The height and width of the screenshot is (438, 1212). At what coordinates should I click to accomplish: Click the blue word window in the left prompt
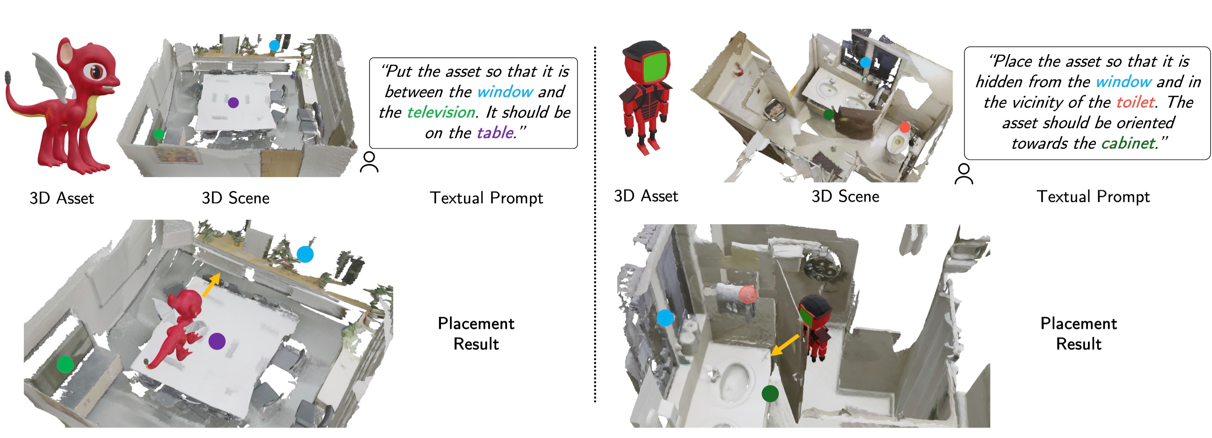(x=505, y=91)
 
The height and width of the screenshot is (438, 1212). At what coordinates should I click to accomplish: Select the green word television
(x=441, y=112)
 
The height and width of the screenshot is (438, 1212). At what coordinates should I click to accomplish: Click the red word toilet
(x=1135, y=103)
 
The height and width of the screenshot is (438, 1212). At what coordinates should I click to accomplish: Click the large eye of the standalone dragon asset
(x=96, y=71)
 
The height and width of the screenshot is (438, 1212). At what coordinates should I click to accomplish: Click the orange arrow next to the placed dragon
(x=211, y=284)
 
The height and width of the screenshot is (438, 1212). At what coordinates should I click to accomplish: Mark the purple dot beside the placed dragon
(x=216, y=341)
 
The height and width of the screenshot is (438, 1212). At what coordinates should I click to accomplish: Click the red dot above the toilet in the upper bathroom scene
(x=904, y=127)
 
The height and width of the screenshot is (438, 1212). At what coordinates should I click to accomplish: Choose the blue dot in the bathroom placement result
(x=665, y=318)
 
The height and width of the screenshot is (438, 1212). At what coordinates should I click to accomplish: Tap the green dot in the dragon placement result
(x=65, y=364)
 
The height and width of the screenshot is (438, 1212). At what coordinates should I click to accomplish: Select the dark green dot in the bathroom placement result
(x=770, y=393)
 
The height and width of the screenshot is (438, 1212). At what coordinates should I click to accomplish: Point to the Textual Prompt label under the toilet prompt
(x=1093, y=196)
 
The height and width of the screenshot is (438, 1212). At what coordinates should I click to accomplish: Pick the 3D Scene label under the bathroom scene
(x=845, y=196)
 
